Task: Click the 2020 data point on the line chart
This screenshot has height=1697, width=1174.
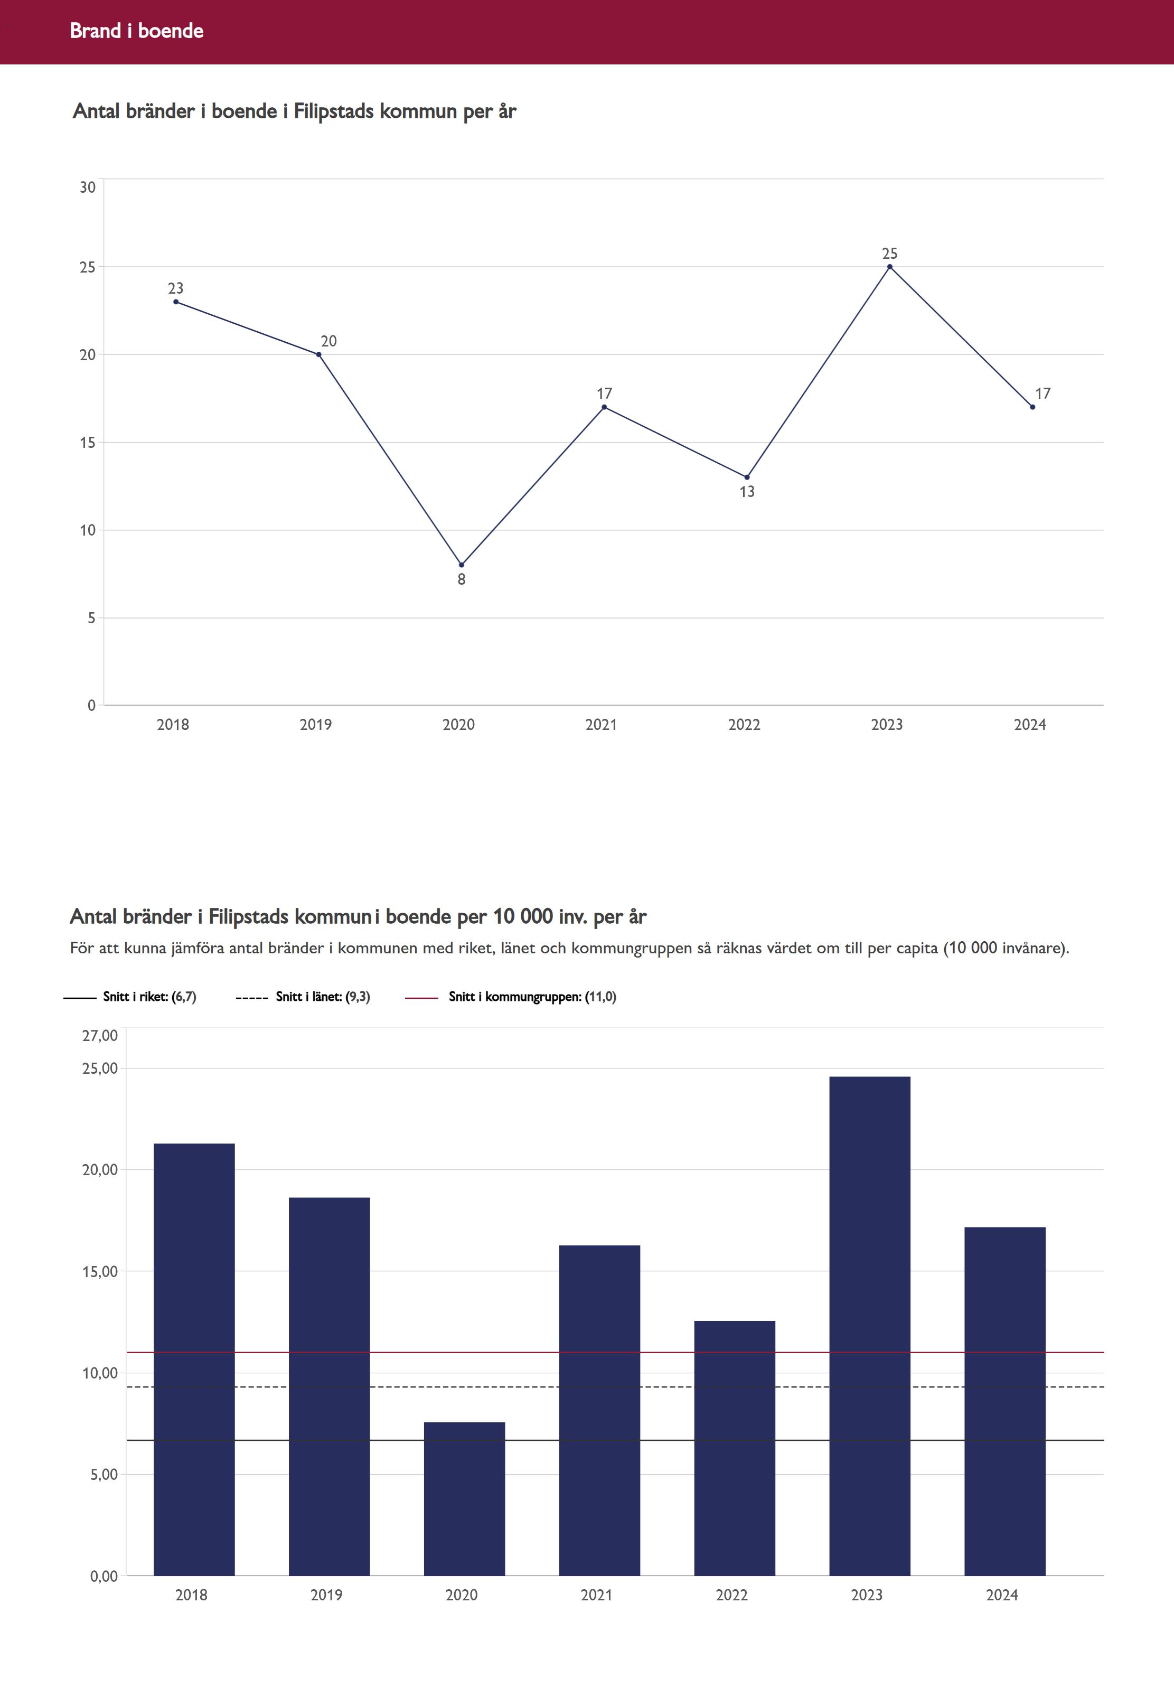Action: (461, 565)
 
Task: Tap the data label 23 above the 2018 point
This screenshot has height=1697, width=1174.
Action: (175, 288)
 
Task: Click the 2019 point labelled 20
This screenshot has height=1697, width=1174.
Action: (318, 354)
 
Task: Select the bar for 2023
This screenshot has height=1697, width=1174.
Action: (869, 1324)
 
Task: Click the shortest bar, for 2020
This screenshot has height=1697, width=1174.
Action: (464, 1501)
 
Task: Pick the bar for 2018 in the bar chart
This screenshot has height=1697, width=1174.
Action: (194, 1361)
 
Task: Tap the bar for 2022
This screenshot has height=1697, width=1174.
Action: (734, 1449)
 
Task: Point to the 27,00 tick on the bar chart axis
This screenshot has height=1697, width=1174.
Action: (100, 1036)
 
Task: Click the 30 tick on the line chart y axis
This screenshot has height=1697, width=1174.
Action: (88, 187)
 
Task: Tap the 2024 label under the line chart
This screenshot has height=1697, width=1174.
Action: (1029, 725)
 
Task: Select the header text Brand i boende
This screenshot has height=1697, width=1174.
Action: (137, 31)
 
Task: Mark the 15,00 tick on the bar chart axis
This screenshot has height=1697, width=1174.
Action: (100, 1271)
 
